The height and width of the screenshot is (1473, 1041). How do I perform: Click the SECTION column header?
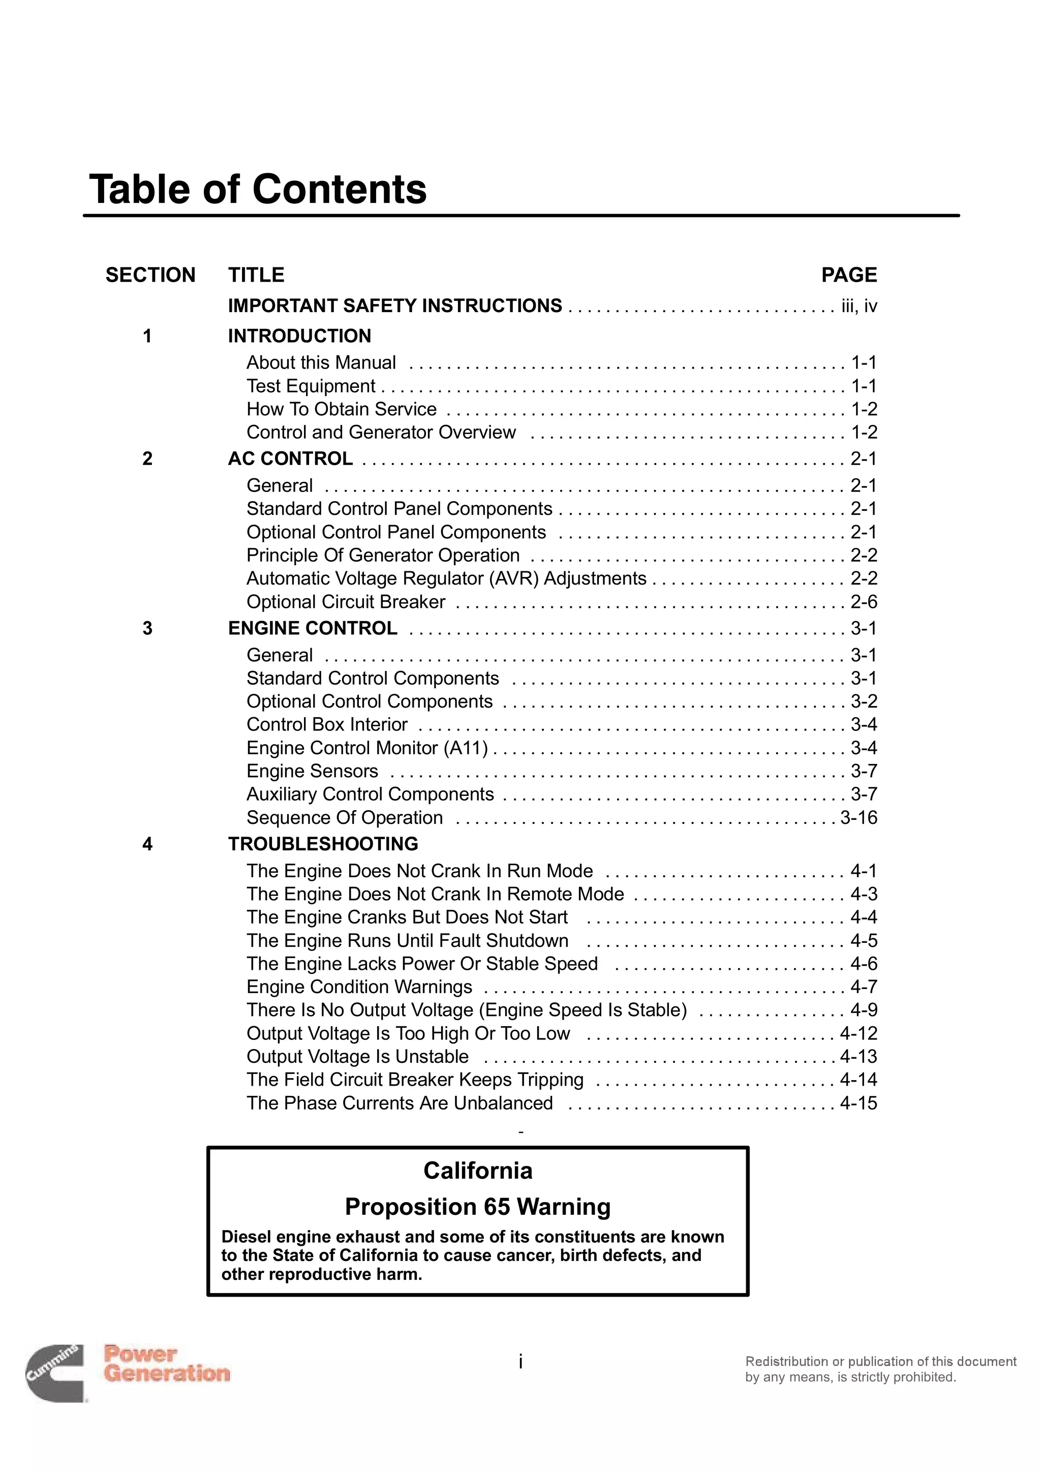150,275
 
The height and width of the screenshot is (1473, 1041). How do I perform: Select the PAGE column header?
848,275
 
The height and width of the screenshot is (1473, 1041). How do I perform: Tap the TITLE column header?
256,275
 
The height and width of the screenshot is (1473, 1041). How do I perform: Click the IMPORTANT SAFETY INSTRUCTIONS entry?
394,306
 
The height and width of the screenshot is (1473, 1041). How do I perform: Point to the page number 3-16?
858,818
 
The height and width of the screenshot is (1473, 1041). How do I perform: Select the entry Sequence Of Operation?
345,818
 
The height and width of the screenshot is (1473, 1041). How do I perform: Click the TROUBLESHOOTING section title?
323,844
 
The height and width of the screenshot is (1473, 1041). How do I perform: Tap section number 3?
147,629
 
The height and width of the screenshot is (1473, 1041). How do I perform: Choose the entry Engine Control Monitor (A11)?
367,748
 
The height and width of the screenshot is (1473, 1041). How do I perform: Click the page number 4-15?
858,1103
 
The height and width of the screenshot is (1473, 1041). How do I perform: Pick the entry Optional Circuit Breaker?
346,602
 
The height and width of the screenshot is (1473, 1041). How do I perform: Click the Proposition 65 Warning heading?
477,1207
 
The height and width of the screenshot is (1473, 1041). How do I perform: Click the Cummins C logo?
54,1373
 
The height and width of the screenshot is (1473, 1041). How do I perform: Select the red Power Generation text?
167,1364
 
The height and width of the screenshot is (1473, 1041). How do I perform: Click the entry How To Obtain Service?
341,409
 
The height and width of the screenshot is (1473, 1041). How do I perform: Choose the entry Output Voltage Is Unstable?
357,1057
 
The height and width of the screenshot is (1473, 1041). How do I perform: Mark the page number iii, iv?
859,306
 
